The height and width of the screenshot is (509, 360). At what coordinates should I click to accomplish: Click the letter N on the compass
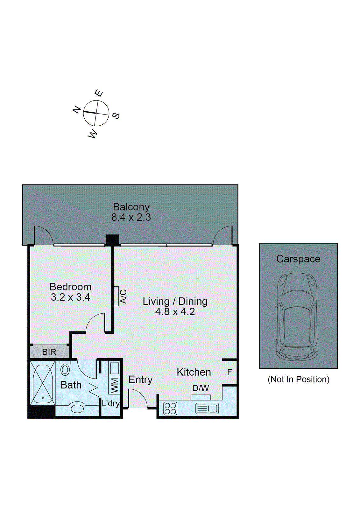[x=76, y=110]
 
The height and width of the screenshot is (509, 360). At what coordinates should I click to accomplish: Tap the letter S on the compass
[x=116, y=116]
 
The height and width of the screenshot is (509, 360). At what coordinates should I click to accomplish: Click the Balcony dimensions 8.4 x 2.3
[x=131, y=218]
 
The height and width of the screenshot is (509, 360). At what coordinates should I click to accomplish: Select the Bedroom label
[x=70, y=287]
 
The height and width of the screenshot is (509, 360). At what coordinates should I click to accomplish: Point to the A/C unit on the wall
[x=116, y=296]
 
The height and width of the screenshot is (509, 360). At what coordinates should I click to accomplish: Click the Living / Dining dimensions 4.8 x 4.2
[x=175, y=312]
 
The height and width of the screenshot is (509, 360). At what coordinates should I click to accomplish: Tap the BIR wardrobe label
[x=49, y=352]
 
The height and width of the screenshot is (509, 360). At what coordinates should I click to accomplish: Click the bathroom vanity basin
[x=77, y=408]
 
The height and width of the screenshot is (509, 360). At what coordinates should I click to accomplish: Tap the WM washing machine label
[x=114, y=385]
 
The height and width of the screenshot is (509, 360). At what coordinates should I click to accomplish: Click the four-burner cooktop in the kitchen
[x=170, y=408]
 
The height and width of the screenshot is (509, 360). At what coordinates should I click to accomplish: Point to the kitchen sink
[x=207, y=408]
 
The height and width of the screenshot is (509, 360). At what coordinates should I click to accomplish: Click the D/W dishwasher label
[x=201, y=388]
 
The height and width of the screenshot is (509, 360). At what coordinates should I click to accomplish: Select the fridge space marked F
[x=229, y=372]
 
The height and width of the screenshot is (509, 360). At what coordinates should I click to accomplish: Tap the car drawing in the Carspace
[x=297, y=317]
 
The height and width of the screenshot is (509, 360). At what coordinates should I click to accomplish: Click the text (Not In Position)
[x=298, y=379]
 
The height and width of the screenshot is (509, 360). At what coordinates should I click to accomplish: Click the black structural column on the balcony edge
[x=112, y=240]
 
